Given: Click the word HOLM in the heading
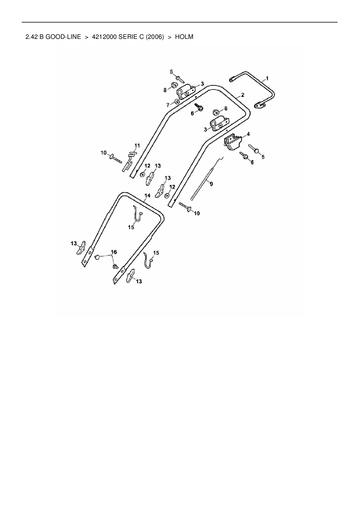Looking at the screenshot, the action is pos(184,37).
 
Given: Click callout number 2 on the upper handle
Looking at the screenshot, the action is pos(242,95).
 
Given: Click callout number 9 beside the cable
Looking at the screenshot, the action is pos(211,184).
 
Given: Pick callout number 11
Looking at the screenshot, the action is pos(137,145).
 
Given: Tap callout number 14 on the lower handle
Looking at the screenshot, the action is pos(147,196).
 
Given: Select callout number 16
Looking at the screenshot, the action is pos(114,252).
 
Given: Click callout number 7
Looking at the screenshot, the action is pos(168,105).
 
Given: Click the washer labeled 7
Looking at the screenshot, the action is pos(177,102).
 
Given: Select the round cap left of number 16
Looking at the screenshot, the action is pos(98,257).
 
